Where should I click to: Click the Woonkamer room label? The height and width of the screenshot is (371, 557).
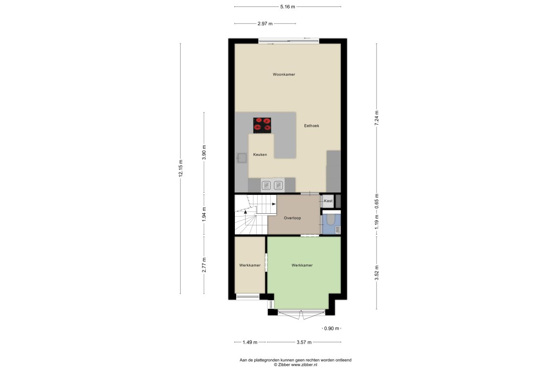(x=284, y=74)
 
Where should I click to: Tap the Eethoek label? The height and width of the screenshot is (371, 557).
(x=311, y=126)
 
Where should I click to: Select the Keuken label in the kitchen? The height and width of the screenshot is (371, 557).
(x=260, y=154)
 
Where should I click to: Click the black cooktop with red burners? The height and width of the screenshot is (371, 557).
(x=262, y=125)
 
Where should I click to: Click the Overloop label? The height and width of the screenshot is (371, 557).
(x=292, y=218)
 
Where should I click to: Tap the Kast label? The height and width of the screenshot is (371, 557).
(x=328, y=201)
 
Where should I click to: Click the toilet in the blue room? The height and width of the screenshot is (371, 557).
(x=330, y=220)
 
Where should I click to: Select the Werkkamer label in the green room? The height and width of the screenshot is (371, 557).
(x=302, y=265)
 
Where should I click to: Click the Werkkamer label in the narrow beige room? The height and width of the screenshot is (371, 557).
(x=250, y=265)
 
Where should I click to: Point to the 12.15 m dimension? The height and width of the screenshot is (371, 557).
(x=181, y=168)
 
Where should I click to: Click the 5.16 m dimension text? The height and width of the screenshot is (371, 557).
(x=288, y=6)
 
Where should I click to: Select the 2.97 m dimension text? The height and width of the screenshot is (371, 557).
(x=265, y=24)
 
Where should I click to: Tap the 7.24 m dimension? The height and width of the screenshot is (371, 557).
(x=377, y=118)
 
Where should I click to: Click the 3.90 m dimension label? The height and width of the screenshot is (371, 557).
(x=204, y=152)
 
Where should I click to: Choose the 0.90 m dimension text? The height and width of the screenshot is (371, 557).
(x=331, y=328)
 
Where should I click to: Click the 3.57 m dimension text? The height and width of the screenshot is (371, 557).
(x=304, y=342)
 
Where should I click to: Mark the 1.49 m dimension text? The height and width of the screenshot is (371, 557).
(x=250, y=342)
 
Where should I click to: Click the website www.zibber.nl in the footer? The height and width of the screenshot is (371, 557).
(x=304, y=365)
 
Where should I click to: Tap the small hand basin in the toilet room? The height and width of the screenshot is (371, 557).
(x=337, y=230)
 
